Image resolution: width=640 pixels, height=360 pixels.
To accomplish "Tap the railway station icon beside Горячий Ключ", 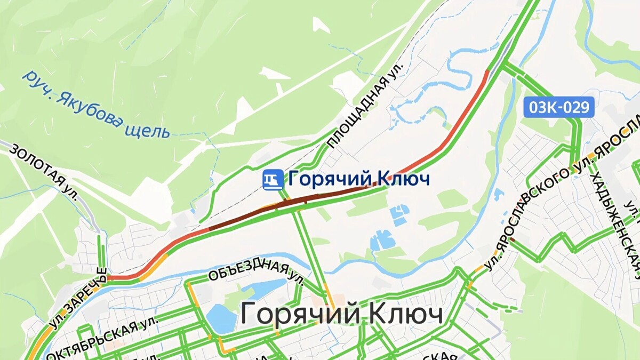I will point(273,179).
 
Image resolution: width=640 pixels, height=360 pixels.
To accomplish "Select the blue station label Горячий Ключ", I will point(358,179).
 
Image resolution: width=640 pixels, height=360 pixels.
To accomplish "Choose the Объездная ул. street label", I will point(256,270).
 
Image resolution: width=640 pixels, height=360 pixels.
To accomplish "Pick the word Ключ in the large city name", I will point(405,314).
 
